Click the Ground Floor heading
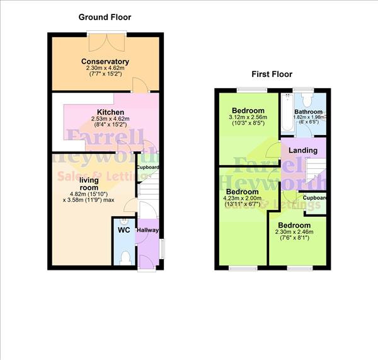tap(105, 17)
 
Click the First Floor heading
tap(272, 74)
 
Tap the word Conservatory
tap(105, 61)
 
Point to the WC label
tap(123, 230)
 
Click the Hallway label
tap(147, 230)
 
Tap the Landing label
tap(302, 151)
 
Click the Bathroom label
tap(308, 112)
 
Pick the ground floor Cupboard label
tap(148, 167)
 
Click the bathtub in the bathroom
tap(287, 113)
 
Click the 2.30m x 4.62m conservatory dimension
tap(105, 69)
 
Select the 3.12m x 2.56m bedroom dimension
tap(249, 117)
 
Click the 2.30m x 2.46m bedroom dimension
tap(295, 232)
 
